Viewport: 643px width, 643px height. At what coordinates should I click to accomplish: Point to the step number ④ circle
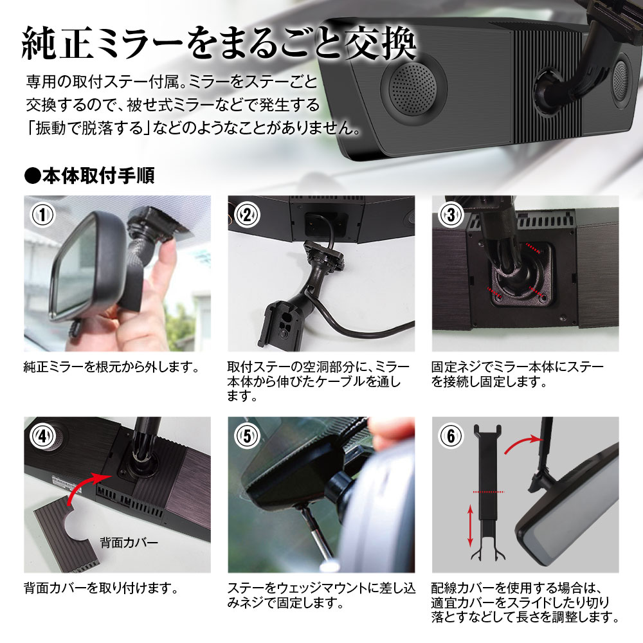point(43,435)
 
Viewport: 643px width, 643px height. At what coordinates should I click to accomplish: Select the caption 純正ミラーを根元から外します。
point(109,368)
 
